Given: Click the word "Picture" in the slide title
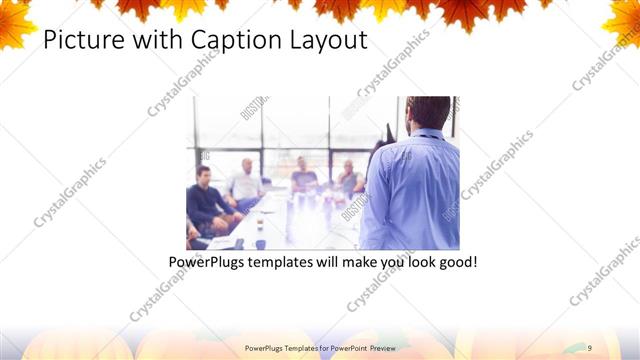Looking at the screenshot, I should (x=78, y=41).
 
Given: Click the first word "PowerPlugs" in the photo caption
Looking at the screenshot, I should (x=208, y=262).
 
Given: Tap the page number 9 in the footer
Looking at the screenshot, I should (x=590, y=346).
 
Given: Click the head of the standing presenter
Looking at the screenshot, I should (x=428, y=112).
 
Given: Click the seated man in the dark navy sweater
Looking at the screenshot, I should (x=205, y=200).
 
